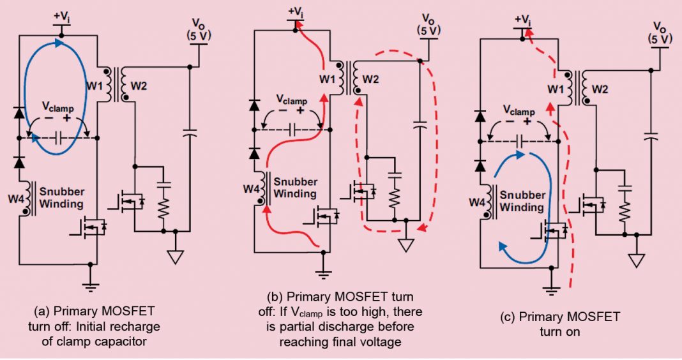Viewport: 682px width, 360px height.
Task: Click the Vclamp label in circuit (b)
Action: click(x=291, y=100)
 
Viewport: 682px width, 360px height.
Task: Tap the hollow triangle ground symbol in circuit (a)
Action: click(x=174, y=257)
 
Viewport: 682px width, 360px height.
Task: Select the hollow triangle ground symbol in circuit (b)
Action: click(x=405, y=245)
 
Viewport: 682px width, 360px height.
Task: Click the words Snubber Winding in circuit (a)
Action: click(x=61, y=198)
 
